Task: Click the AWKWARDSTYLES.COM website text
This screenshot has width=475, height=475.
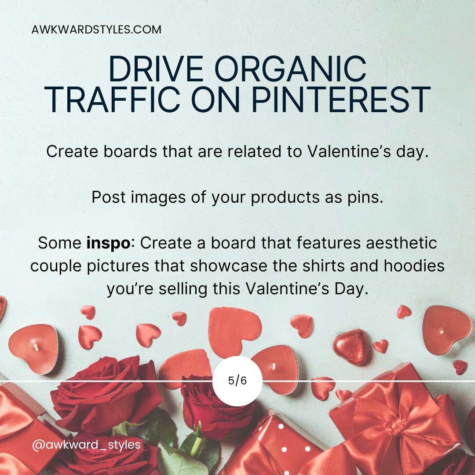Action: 96,30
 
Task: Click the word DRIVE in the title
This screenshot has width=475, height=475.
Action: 150,69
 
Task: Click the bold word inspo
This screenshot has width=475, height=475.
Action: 110,243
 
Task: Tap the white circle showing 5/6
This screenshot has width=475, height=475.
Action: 237,381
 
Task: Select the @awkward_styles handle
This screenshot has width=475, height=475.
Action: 86,445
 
